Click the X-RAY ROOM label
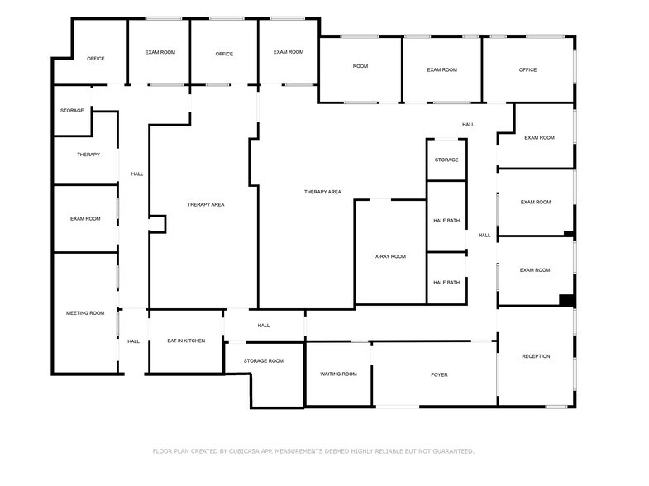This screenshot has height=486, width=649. coord(390,257)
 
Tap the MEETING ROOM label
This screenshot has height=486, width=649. coord(85,313)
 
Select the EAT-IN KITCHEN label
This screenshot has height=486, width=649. coord(185,341)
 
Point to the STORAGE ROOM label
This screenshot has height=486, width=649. coord(264,361)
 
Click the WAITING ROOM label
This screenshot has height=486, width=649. coord(338,374)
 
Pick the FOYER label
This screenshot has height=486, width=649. coord(439,374)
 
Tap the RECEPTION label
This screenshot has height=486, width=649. coord(536,356)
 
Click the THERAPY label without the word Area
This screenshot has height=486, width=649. coord(88,155)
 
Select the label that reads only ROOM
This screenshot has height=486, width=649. coord(360,66)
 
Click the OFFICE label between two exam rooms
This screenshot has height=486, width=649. coord(224,55)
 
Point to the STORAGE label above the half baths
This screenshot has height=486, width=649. coord(446,160)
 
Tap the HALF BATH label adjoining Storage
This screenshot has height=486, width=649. coord(446,221)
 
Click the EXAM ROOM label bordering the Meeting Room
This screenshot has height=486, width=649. coord(85,219)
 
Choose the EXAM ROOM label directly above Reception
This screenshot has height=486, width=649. coord(535,270)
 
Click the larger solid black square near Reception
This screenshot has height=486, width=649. coord(566,300)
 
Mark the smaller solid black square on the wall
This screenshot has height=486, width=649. coord(569,234)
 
